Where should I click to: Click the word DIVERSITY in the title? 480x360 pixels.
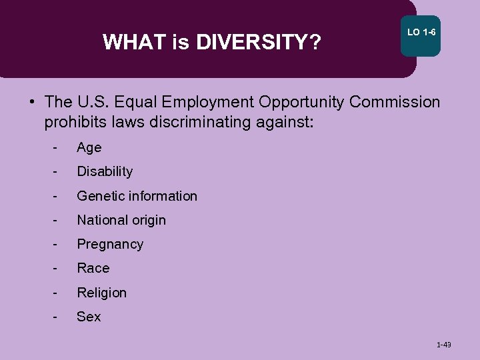coord(251,43)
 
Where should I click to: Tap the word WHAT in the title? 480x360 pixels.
coord(135,43)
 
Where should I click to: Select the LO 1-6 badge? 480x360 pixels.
coord(421,33)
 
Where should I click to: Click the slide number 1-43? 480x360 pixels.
coord(443,345)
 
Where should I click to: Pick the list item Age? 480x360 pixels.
coord(89,148)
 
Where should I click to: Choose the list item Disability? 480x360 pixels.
coord(105,172)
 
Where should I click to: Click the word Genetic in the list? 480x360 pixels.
coord(100,196)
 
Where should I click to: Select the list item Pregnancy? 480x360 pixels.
coord(110,245)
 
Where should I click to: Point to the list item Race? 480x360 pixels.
coord(93,269)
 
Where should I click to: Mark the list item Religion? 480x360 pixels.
coord(101,293)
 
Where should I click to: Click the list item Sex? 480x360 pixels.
coord(89,317)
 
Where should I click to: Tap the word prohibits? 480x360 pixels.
coord(75,123)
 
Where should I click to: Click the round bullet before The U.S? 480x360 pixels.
coord(31,103)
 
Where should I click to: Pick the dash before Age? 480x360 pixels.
coord(56,148)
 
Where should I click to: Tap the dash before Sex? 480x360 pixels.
coord(56,317)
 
